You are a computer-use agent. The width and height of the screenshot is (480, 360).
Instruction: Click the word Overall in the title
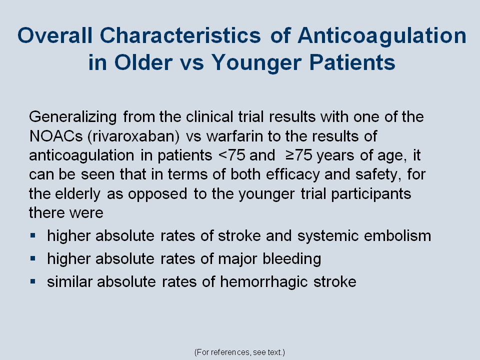[x=55, y=35]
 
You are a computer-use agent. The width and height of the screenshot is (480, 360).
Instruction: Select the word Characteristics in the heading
[x=180, y=35]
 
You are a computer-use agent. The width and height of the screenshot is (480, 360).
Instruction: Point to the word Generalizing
[x=73, y=117]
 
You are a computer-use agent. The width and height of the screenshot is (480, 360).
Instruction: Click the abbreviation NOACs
[x=56, y=136]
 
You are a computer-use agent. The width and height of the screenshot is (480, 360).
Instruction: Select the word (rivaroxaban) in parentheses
[x=134, y=136]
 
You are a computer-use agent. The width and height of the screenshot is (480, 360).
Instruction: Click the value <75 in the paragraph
[x=231, y=155]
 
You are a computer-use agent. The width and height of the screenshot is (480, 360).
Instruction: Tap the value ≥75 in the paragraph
[x=299, y=155]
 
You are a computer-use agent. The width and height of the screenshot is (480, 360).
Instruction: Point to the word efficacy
[x=292, y=175]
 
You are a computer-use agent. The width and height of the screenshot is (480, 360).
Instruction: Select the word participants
[x=371, y=194]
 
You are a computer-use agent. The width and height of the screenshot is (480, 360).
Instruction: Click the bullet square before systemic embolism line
[x=33, y=235]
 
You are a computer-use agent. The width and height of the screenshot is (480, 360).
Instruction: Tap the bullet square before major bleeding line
[x=33, y=258]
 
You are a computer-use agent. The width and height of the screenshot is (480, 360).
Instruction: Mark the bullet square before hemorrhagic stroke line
[x=33, y=281]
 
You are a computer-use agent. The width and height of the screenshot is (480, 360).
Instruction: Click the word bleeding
[x=292, y=259]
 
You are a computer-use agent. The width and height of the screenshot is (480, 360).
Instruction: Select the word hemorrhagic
[x=264, y=282]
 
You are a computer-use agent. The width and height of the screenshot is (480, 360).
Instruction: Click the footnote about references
[x=239, y=352]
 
